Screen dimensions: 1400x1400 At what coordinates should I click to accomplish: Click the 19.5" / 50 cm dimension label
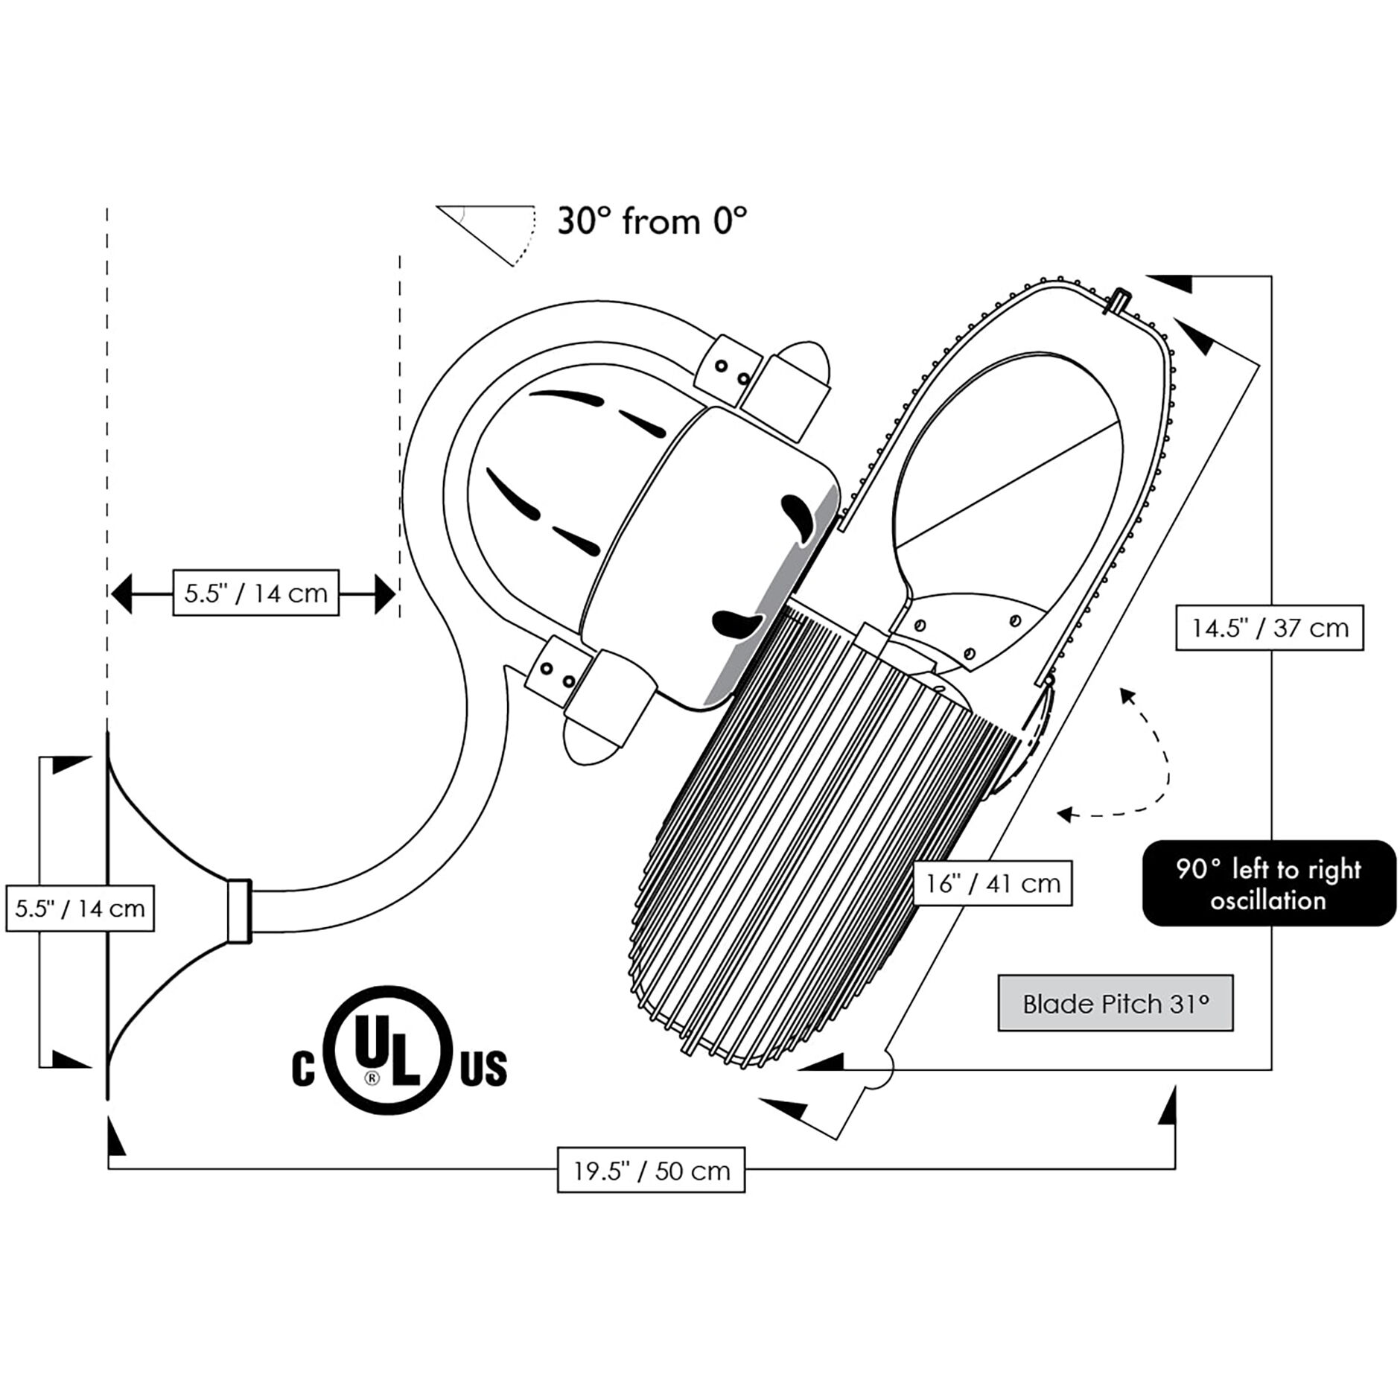click(x=651, y=1170)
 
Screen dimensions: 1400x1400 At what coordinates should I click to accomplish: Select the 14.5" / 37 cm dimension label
click(x=1269, y=628)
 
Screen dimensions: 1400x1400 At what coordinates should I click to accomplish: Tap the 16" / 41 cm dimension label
click(x=992, y=883)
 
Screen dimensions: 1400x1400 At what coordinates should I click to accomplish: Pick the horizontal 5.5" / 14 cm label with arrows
click(x=255, y=593)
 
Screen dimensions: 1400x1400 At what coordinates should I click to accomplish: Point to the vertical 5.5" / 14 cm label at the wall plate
click(x=80, y=909)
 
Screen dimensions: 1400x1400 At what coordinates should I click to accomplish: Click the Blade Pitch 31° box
click(x=1115, y=1004)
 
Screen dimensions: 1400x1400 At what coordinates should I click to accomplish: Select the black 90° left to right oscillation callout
click(x=1268, y=884)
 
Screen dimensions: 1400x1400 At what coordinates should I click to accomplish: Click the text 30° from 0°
click(x=652, y=221)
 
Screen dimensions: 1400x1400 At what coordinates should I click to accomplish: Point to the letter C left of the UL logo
click(x=302, y=1069)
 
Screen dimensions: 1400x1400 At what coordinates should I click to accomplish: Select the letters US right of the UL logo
click(x=483, y=1069)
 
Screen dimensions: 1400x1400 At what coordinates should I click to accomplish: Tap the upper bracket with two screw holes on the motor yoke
click(x=728, y=371)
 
